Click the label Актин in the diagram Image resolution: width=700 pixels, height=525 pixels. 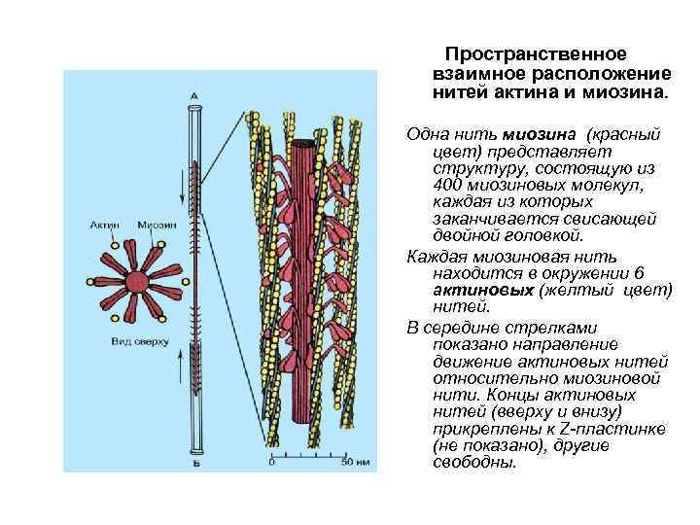(x=107, y=226)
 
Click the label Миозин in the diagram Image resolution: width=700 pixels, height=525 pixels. (x=157, y=226)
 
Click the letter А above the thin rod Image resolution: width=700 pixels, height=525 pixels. (x=194, y=93)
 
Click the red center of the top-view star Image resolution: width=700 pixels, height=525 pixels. (x=137, y=282)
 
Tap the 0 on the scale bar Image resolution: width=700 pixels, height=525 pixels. (x=270, y=462)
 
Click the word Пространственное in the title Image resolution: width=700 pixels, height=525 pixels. (x=536, y=54)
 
